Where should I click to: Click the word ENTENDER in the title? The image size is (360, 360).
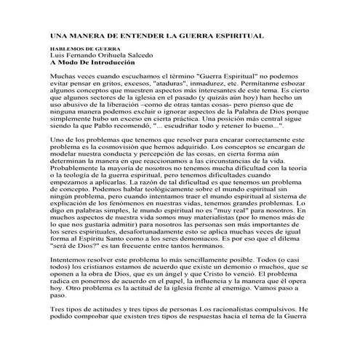[137, 35]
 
